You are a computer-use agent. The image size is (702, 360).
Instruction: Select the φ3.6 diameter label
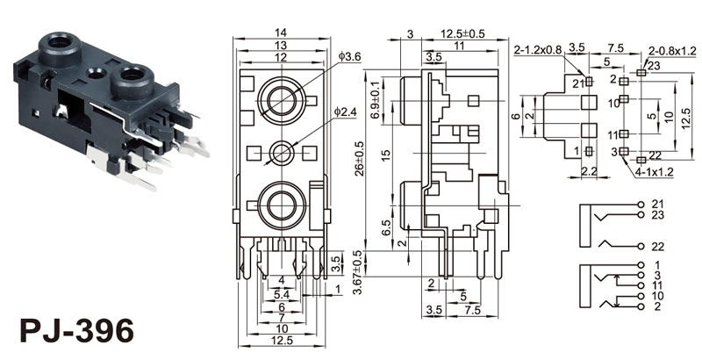[349, 58]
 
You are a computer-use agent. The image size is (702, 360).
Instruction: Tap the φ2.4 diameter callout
[346, 112]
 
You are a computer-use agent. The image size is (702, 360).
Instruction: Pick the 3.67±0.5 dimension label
[355, 270]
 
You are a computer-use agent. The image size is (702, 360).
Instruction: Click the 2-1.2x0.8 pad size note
[539, 49]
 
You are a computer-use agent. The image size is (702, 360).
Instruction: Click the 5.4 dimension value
[281, 292]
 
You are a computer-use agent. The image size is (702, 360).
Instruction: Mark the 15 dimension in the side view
[385, 155]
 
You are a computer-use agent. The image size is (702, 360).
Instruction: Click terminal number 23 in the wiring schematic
[658, 216]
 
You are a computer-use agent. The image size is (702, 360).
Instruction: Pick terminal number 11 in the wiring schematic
[658, 285]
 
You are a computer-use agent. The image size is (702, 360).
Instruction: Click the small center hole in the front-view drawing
[282, 152]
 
